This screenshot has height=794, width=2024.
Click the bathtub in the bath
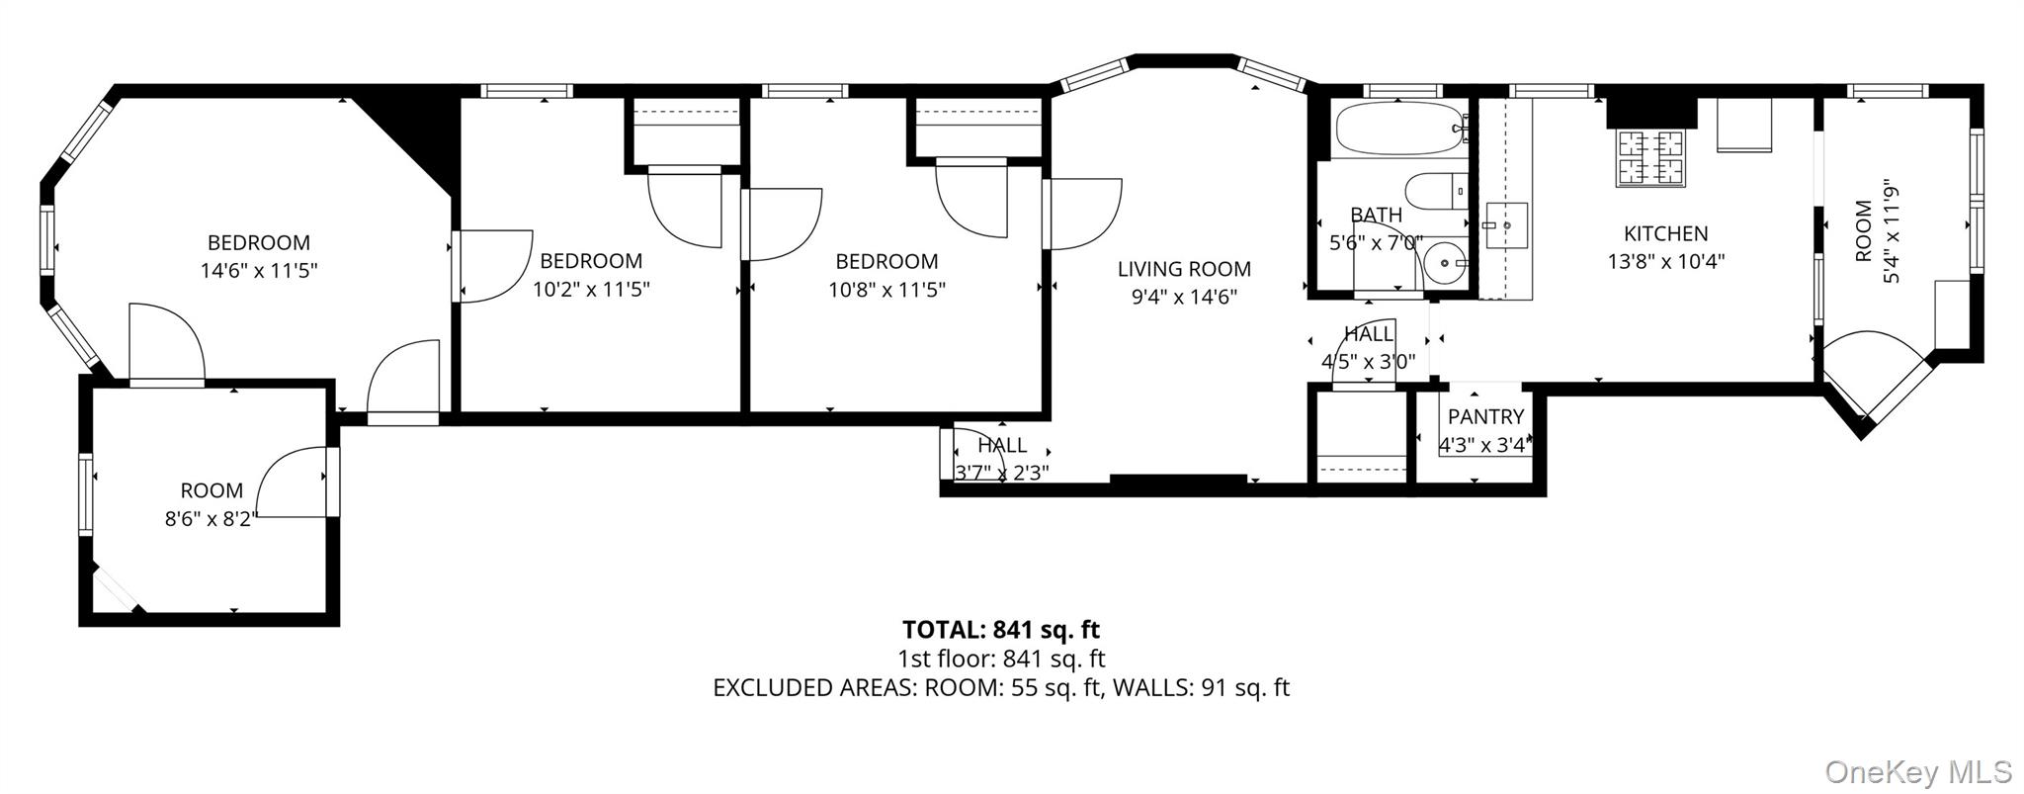click(x=1397, y=129)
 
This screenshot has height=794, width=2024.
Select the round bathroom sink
click(x=1447, y=263)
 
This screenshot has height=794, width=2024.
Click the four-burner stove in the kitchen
click(x=1649, y=158)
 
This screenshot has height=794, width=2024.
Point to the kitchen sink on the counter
click(x=1506, y=225)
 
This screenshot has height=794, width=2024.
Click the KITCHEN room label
click(x=1665, y=233)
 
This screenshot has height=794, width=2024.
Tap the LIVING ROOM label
click(x=1184, y=269)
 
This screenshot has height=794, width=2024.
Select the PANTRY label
click(x=1485, y=416)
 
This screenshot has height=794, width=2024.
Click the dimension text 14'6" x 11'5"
click(x=259, y=271)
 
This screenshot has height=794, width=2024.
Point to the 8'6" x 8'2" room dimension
click(x=211, y=518)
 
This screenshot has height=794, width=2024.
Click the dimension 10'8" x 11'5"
click(x=886, y=290)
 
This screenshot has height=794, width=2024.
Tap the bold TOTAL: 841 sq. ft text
click(x=1000, y=630)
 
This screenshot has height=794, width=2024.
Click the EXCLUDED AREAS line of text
click(x=1000, y=687)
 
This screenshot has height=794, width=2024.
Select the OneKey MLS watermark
click(x=1917, y=771)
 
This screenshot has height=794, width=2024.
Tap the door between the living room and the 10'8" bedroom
click(x=1082, y=214)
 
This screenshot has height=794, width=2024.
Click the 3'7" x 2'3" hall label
click(x=1001, y=472)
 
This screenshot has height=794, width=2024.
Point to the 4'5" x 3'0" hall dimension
click(x=1369, y=362)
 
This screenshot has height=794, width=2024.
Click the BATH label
click(x=1376, y=215)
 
